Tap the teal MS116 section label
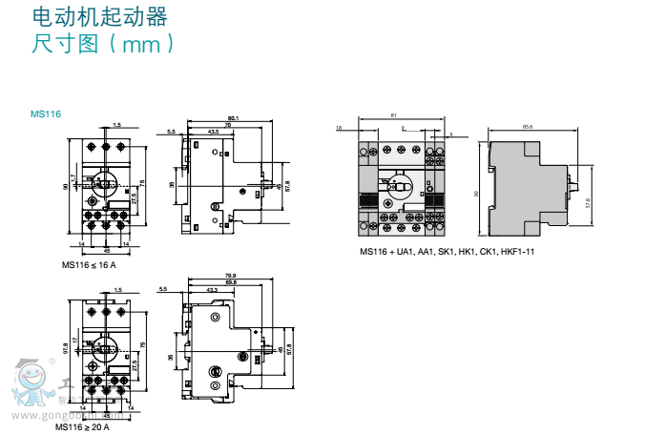coord(45,114)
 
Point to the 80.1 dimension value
coord(233,118)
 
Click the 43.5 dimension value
coord(212,131)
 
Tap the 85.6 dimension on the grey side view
coord(528,127)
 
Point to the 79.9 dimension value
coord(230,275)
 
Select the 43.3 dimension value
coord(210,289)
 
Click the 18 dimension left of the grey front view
coord(339,127)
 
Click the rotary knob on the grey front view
coord(395,184)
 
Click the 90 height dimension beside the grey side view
coord(477,194)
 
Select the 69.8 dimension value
coord(230,282)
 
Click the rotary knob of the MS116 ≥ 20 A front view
coord(104,346)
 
